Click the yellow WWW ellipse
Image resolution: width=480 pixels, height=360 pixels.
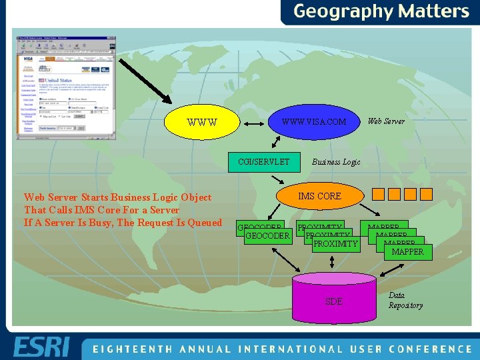tap(204, 122)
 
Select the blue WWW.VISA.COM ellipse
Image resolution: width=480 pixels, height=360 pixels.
tap(314, 122)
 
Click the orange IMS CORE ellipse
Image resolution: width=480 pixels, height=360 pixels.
tap(319, 196)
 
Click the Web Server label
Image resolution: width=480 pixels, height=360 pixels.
tap(386, 121)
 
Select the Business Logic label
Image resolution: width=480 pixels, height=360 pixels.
tap(336, 162)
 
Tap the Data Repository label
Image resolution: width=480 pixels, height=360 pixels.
tap(405, 300)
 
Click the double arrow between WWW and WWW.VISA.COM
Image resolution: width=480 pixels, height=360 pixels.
tap(253, 123)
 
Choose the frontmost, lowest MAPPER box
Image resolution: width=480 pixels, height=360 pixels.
tap(408, 252)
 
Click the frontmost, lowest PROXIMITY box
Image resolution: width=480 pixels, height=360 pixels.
tap(335, 245)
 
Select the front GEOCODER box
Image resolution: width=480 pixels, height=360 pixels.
tap(267, 236)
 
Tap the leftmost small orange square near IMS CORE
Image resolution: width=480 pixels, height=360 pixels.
tap(379, 195)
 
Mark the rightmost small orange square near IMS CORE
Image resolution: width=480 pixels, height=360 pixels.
tap(425, 195)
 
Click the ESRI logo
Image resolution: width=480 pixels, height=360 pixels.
tap(41, 348)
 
